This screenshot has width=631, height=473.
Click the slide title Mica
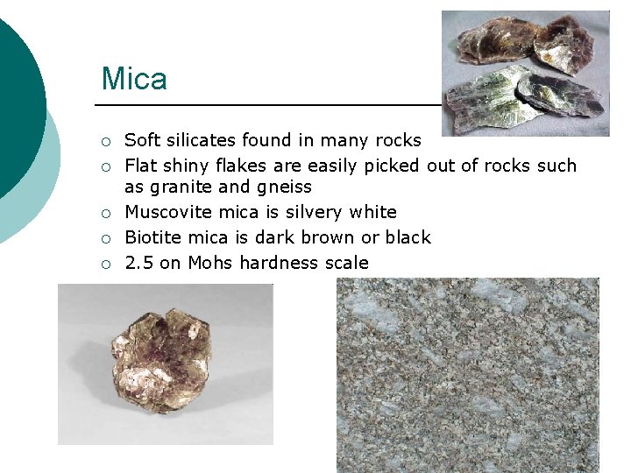(x=134, y=79)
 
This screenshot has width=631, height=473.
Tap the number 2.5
(x=138, y=263)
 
